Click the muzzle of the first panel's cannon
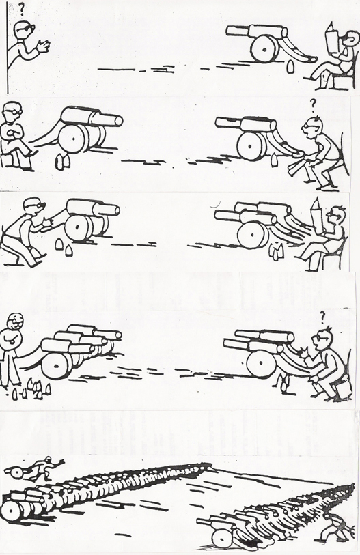(231, 31)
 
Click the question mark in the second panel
(313, 104)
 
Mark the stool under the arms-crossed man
(11, 159)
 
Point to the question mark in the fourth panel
(322, 316)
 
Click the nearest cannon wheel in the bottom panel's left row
(12, 511)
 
